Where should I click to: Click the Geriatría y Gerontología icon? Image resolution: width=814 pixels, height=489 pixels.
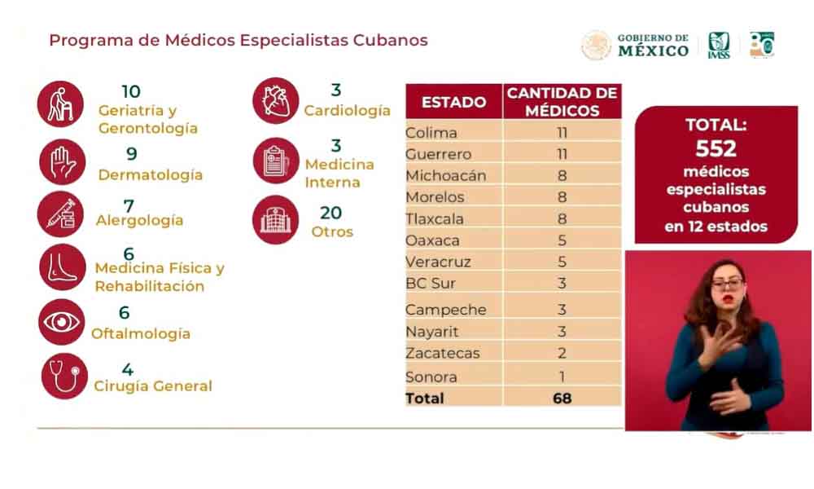tap(60, 104)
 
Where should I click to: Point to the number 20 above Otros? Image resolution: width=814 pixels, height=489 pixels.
tap(332, 211)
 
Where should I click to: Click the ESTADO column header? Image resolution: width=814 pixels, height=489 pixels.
tap(453, 103)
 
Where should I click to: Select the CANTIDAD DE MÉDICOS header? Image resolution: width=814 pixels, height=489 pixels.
tap(562, 103)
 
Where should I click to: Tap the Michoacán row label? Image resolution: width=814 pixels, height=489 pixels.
tap(445, 175)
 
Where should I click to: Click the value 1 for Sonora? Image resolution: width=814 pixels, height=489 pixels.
tap(562, 377)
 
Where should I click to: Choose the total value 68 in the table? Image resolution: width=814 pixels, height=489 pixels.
tap(562, 399)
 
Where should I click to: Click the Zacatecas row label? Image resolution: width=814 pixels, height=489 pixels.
tap(443, 353)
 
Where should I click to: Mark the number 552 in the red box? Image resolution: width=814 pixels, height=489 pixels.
tap(716, 148)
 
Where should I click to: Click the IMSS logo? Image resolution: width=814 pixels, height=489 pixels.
tap(719, 45)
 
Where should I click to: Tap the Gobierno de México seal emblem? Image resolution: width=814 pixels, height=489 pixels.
tap(596, 45)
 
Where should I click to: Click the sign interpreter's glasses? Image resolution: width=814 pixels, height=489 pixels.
tap(727, 283)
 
